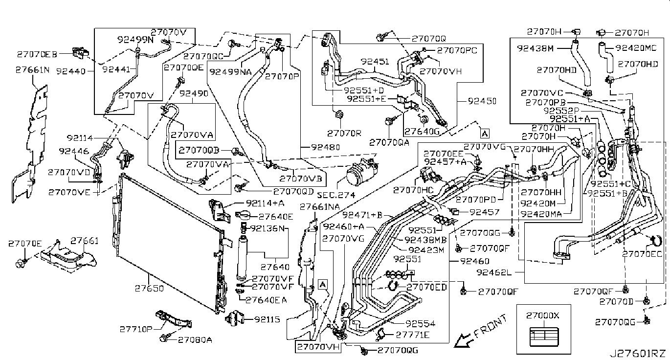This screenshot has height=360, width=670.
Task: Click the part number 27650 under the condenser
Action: pos(149,289)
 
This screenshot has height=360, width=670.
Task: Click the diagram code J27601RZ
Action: pos(637,353)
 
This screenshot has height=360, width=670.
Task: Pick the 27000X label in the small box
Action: pos(542,315)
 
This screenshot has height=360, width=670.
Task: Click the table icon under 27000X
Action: pos(542,337)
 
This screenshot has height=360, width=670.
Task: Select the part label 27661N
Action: pos(33,70)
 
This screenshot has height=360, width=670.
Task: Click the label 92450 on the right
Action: pos(482,101)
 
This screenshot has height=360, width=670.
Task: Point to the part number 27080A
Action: pos(194,339)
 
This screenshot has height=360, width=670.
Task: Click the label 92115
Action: pos(267,319)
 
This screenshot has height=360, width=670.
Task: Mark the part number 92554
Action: pos(421,323)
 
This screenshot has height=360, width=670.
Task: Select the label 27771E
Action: pos(413,335)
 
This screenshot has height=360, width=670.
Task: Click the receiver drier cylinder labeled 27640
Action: pos(244,258)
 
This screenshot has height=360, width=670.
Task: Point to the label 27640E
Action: pos(276,216)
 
